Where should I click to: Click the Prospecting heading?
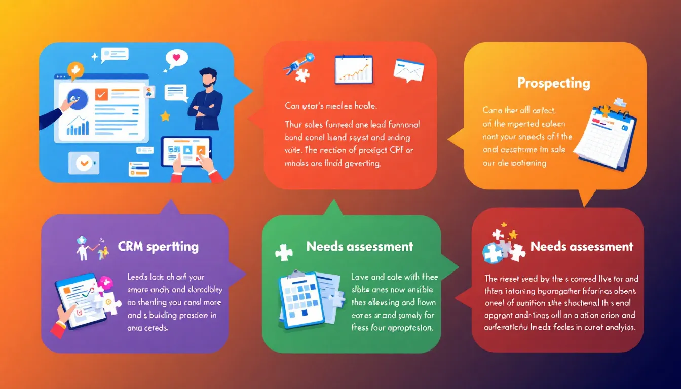click(x=553, y=83)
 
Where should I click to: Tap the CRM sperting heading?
click(x=158, y=247)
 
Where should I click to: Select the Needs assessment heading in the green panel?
click(x=359, y=247)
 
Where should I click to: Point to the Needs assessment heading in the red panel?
click(x=581, y=247)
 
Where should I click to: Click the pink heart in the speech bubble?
click(x=176, y=57)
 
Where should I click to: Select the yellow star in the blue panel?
click(x=165, y=116)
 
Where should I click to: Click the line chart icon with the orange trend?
click(x=353, y=69)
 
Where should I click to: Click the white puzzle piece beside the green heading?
click(x=283, y=252)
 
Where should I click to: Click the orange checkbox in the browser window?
click(x=102, y=94)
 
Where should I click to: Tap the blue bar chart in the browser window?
click(x=78, y=127)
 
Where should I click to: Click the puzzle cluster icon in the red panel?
click(x=502, y=247)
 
